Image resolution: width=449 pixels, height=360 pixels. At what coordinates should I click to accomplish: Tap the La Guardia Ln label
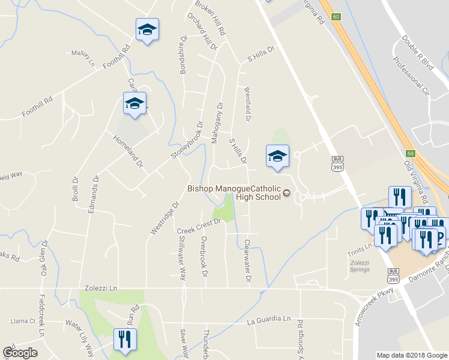[268, 320]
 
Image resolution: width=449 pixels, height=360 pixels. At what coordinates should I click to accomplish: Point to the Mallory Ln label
[83, 58]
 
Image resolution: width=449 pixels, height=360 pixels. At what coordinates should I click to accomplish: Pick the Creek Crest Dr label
[199, 226]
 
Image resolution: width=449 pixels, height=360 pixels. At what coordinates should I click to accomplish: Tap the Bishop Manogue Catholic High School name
[234, 193]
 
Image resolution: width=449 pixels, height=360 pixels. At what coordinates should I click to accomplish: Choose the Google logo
[20, 352]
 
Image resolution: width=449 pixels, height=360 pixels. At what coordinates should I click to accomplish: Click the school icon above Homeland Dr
[135, 104]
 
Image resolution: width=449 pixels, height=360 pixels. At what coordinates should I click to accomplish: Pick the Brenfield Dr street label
[247, 106]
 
